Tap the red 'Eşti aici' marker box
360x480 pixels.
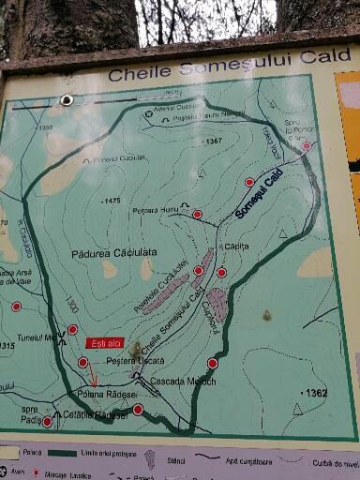[102, 343]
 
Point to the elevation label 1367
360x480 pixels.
[212, 141]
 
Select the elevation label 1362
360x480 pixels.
[315, 393]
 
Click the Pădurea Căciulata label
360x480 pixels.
[113, 253]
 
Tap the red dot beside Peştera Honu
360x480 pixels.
[197, 215]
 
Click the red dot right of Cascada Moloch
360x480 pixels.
[213, 363]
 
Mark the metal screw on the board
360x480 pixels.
[67, 99]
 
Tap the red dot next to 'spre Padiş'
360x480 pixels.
[48, 422]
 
